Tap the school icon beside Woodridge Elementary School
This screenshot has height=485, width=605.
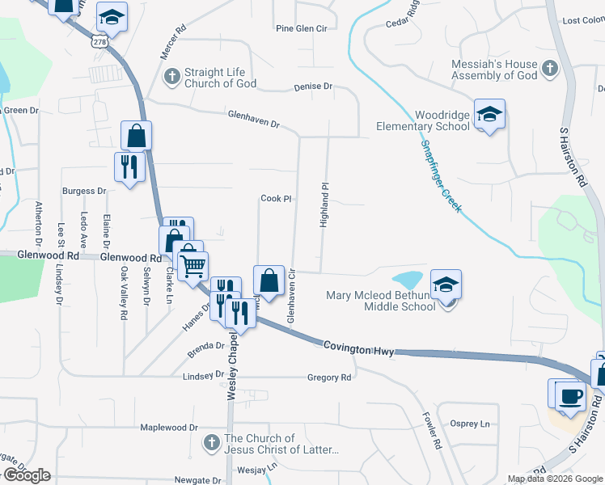489,114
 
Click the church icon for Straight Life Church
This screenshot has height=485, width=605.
171,78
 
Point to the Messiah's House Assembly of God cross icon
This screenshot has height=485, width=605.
550,69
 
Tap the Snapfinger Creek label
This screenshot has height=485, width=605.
440,175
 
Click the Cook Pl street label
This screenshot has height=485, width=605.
276,199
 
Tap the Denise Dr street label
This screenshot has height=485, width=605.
313,86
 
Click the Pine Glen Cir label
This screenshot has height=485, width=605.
301,28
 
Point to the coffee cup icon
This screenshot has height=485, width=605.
572,397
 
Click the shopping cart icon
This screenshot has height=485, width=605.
192,264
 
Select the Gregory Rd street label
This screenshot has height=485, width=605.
329,377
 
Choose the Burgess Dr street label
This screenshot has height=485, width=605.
84,192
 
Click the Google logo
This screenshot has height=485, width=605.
26,475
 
